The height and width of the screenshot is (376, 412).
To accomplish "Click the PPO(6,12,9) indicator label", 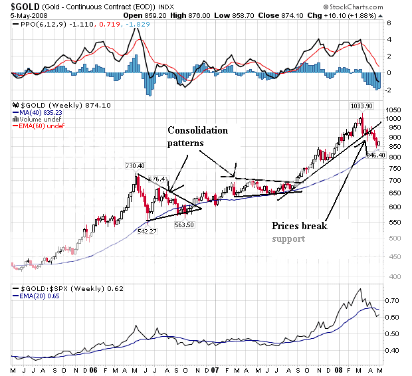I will [37, 23].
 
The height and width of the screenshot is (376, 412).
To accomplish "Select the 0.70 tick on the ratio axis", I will [395, 302].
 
